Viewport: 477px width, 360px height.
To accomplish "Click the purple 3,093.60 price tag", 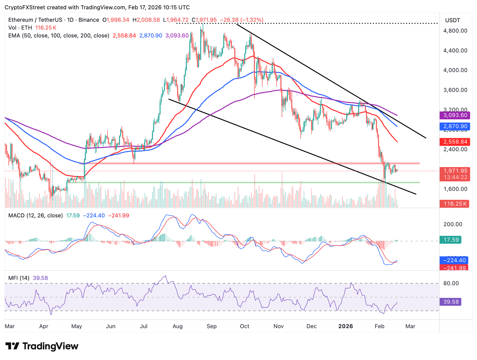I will click(455, 115).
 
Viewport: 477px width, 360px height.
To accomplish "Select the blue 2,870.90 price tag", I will click(455, 126).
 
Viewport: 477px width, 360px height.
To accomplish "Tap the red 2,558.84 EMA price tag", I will click(455, 142).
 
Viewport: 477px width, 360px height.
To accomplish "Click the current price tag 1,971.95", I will click(455, 171).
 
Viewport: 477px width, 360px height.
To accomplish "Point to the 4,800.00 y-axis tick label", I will click(455, 31).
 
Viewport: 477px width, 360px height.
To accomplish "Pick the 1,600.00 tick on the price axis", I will click(455, 189).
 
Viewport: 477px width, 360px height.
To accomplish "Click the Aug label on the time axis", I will click(177, 326).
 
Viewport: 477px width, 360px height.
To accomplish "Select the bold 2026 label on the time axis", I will click(346, 326).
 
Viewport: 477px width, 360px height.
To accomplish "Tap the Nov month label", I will click(279, 326).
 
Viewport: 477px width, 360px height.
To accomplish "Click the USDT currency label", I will click(452, 21).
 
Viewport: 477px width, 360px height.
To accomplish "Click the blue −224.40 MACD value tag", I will click(455, 260).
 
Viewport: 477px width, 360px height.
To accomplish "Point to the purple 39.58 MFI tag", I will click(451, 302).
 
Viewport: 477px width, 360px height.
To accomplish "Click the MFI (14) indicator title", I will click(19, 278).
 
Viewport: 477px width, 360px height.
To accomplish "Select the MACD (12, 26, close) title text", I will click(35, 216).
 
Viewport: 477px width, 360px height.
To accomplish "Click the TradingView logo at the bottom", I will click(42, 346).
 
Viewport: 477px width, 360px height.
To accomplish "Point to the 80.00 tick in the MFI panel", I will click(451, 283).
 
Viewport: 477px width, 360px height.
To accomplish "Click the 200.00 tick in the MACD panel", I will click(453, 224).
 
